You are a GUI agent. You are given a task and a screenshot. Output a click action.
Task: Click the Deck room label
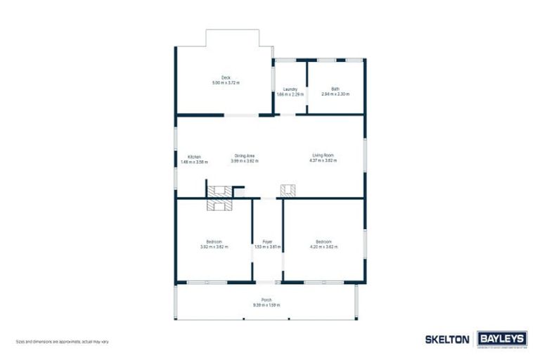click(226, 78)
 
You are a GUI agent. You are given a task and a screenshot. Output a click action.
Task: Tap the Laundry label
click(290, 89)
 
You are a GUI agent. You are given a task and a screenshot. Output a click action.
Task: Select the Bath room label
click(335, 89)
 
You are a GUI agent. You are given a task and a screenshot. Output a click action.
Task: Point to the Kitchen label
click(194, 156)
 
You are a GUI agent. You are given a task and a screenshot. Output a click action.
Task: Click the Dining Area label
click(244, 155)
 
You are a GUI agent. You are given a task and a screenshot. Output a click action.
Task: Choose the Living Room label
click(323, 155)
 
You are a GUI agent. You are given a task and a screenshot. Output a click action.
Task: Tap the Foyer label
click(267, 241)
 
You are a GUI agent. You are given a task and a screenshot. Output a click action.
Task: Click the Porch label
click(266, 299)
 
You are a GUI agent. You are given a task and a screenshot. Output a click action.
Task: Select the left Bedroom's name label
click(214, 241)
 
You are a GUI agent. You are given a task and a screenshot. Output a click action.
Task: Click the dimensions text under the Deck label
click(226, 83)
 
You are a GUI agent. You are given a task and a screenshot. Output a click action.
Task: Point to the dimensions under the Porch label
click(266, 304)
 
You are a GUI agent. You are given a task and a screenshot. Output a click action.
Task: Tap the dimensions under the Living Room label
click(323, 161)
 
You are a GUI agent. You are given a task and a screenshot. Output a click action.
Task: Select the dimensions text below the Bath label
click(335, 94)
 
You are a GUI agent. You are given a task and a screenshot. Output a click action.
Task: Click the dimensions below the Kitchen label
click(194, 162)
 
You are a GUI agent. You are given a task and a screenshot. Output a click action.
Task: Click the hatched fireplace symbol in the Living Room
click(288, 191)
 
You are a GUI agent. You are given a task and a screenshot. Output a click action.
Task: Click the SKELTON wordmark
click(447, 339)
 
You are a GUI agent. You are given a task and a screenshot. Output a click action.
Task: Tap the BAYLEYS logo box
click(501, 339)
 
